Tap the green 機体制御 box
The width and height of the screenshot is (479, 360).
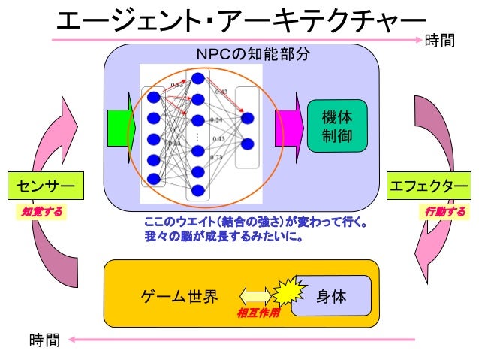(x=336, y=126)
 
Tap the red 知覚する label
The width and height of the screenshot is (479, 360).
(x=41, y=212)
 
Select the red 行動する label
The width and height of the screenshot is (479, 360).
(x=445, y=212)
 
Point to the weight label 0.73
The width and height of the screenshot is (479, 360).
(x=216, y=157)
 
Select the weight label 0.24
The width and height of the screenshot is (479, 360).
(x=216, y=120)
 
